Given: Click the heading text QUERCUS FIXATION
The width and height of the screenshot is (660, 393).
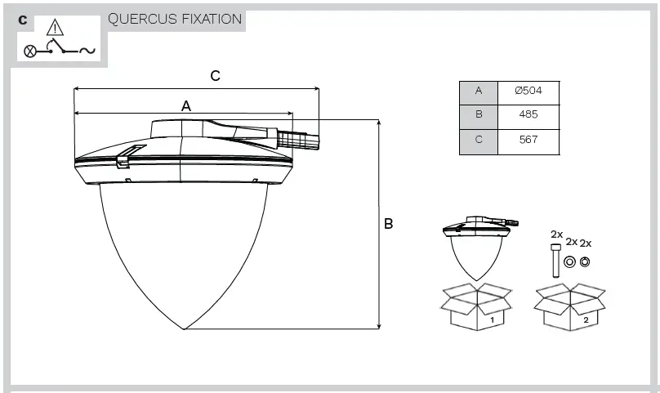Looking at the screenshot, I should coord(175,19).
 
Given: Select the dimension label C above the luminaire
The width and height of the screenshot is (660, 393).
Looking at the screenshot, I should coord(215,76).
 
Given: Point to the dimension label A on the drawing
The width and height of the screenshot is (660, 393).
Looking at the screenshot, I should coord(185,105).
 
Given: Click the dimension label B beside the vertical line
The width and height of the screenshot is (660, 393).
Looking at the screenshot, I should coord(389,223).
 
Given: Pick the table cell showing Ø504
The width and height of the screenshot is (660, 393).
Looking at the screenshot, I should coord(528,91).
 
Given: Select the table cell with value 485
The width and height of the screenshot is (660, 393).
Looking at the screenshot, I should coord(528,115).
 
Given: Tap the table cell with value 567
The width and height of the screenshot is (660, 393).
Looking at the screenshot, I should coord(528,140).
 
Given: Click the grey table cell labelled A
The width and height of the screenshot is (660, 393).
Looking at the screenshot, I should coord(479,91).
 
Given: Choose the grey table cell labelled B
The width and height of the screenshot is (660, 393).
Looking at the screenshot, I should coord(479,115).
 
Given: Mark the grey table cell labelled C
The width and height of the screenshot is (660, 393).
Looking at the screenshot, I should coord(479,140).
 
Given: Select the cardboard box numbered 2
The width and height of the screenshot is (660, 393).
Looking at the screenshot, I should coord(570,308).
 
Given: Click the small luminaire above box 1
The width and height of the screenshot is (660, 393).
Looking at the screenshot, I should coord(477,245).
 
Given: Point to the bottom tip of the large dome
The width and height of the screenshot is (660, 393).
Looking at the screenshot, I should coord(185,328).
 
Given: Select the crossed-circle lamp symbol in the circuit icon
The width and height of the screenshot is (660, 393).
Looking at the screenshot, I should coord(29,51).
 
